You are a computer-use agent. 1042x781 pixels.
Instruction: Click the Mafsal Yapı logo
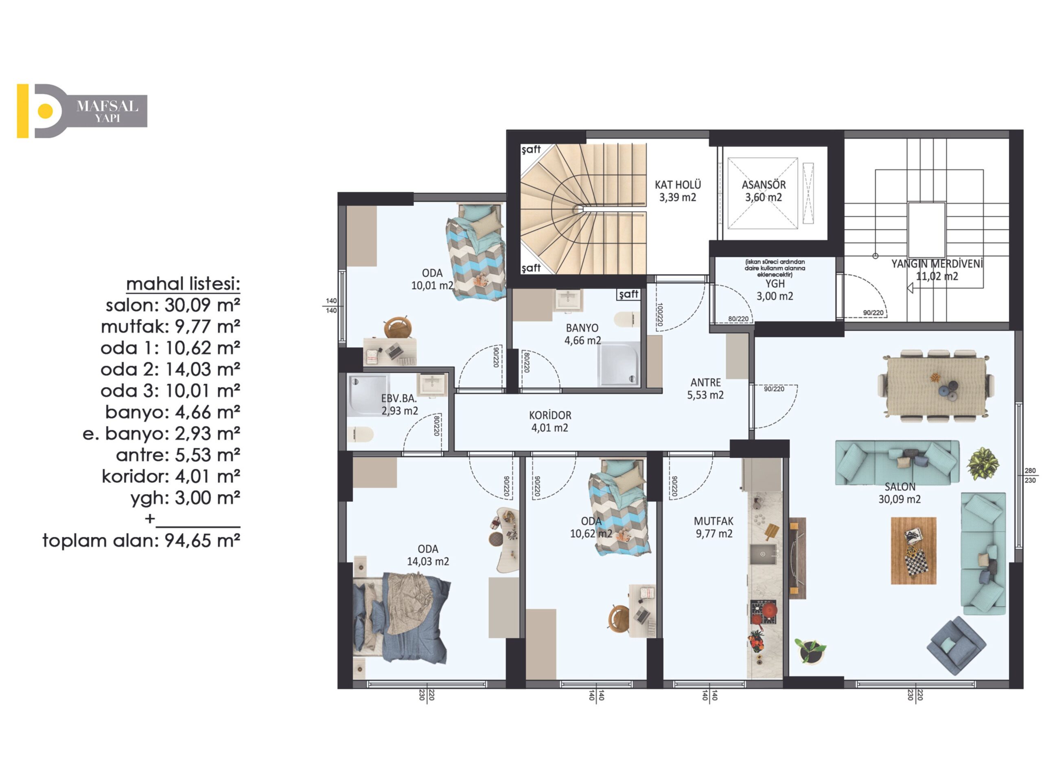(x=82, y=111)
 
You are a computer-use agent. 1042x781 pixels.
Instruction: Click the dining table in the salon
(x=937, y=386)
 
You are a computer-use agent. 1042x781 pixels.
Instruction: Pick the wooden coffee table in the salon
(x=913, y=551)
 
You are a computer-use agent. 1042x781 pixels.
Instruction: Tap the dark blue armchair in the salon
(x=956, y=646)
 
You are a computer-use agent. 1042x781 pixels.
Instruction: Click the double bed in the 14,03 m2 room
(x=400, y=617)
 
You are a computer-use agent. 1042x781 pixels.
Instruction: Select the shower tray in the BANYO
(x=619, y=363)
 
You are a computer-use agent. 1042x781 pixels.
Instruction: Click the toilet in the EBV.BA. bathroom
(x=360, y=434)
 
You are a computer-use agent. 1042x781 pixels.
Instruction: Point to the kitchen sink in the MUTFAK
(x=763, y=554)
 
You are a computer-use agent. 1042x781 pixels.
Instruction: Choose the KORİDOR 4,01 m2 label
(x=550, y=421)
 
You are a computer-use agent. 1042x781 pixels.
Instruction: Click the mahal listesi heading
(x=183, y=284)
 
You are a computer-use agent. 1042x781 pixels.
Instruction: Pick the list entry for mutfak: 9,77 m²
(x=171, y=326)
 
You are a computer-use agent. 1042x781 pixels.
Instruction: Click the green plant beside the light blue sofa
(x=983, y=464)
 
